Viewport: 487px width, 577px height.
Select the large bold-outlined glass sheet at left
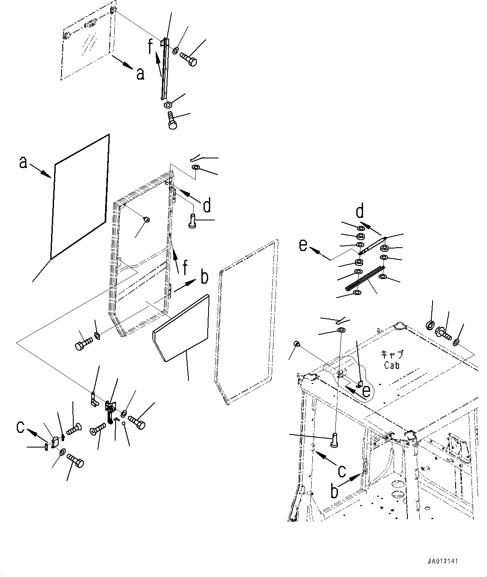(x=80, y=197)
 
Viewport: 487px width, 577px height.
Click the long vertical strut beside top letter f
(x=164, y=69)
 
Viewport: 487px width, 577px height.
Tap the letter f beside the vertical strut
(x=151, y=47)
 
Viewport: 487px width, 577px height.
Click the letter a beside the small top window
(x=140, y=74)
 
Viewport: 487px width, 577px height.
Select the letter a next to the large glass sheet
(x=23, y=162)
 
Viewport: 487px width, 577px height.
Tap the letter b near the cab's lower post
(x=334, y=491)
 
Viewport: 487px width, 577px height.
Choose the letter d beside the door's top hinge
(x=206, y=206)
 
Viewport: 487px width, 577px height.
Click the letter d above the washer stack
(x=360, y=212)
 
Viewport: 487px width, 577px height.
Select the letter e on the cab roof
(x=366, y=391)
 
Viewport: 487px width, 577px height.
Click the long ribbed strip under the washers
(x=364, y=278)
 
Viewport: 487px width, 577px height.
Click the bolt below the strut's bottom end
(x=172, y=120)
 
